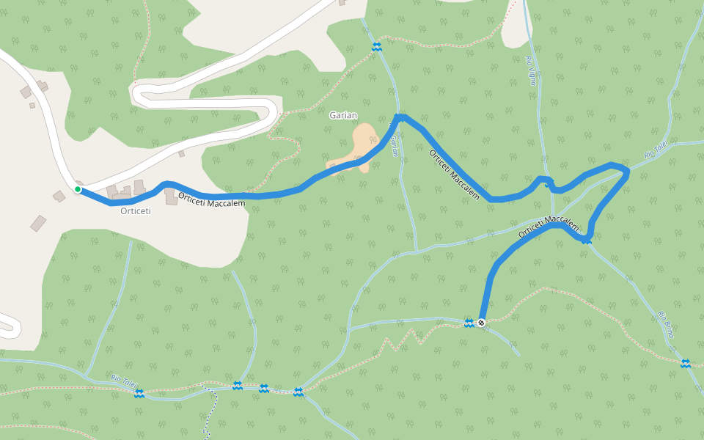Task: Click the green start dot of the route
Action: coord(78,189)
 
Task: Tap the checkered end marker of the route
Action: coord(481,323)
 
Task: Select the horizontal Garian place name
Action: coord(343,115)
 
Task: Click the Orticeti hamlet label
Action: coord(135,211)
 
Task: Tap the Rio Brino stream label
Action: coord(666,324)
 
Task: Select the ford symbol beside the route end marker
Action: coord(469,323)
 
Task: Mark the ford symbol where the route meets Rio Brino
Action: coord(587,239)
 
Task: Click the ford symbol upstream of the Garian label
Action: coord(376,47)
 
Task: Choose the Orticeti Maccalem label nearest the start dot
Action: coord(211,200)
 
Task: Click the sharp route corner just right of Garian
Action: coord(400,117)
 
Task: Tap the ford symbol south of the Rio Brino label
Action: coord(685,364)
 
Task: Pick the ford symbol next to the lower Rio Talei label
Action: coord(139,394)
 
